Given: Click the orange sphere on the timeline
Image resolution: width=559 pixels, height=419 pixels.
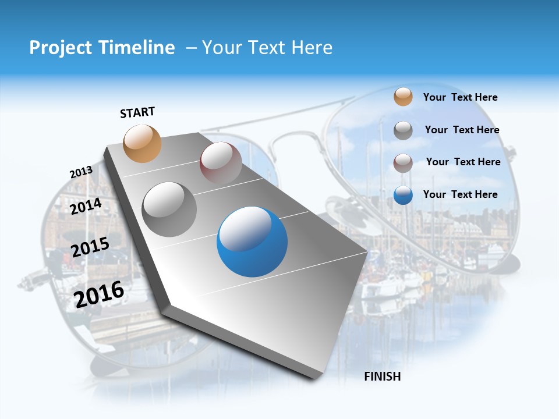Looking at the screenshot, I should tap(143, 144).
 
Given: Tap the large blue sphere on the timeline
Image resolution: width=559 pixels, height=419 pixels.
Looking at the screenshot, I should tap(252, 242).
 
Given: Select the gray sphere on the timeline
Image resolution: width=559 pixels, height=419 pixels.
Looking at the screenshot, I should tap(169, 210).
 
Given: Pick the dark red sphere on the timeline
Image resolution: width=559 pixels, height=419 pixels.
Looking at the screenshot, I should tap(221, 162).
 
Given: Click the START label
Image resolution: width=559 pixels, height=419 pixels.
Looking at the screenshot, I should tap(137, 112).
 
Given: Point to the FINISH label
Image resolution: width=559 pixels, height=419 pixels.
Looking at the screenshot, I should tap(382, 377).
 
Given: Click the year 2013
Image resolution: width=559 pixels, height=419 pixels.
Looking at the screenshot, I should tap(81, 172).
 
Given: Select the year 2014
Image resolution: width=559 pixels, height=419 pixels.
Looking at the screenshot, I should tap(86, 206).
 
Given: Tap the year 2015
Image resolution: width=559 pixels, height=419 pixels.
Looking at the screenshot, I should tap(90, 247).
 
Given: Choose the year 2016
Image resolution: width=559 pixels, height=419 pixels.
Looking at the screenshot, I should tap(99, 294).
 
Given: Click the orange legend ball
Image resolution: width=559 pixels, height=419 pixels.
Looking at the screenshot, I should tap(403, 97).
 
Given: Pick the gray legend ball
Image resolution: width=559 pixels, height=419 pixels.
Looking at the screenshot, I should tap(403, 130).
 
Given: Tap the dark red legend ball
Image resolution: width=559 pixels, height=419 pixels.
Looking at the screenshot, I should tap(403, 163).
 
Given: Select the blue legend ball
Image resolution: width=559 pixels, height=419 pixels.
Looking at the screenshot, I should tap(403, 196).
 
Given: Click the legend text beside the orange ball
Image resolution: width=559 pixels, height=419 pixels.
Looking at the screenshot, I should tap(460, 97).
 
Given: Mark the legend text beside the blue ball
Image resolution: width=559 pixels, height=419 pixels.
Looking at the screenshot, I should tap(460, 194).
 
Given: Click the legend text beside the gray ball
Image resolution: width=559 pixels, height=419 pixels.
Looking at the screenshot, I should tap(462, 130).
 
